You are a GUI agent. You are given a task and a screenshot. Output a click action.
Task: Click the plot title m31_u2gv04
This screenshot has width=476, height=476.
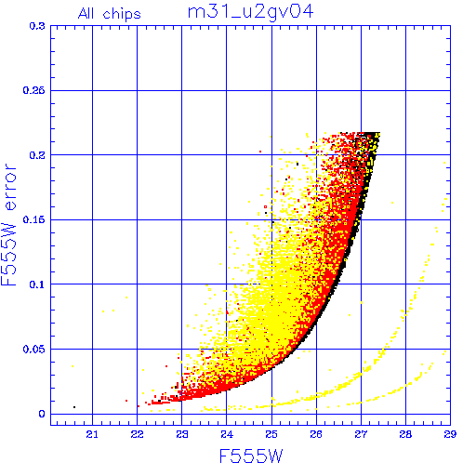pyautogui.click(x=250, y=13)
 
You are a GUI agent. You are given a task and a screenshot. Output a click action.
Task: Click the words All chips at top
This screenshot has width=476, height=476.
pyautogui.click(x=110, y=14)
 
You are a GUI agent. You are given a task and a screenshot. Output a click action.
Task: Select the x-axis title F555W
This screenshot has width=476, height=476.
pyautogui.click(x=251, y=456)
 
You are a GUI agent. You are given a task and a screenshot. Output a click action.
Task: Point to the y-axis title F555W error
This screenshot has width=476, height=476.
pyautogui.click(x=8, y=225)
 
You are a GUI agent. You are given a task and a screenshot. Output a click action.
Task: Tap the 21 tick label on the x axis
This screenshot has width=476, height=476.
pyautogui.click(x=92, y=434)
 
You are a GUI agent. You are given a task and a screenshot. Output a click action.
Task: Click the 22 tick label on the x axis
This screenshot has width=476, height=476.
pyautogui.click(x=137, y=434)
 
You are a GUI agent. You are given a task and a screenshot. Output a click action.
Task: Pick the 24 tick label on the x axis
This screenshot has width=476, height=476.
pyautogui.click(x=227, y=434)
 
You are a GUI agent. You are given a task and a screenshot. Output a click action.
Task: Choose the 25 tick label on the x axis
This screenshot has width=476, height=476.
pyautogui.click(x=271, y=434)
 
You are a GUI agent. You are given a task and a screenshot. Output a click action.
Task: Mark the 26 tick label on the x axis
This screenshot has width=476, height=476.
pyautogui.click(x=316, y=434)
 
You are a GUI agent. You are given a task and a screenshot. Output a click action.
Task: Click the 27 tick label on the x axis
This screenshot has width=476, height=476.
pyautogui.click(x=361, y=434)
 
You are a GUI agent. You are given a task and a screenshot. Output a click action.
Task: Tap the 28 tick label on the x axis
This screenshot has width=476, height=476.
pyautogui.click(x=405, y=434)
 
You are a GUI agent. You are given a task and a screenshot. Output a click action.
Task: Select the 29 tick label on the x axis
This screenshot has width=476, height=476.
pyautogui.click(x=450, y=434)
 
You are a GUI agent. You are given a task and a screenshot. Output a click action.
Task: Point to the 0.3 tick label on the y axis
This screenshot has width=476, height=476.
pyautogui.click(x=37, y=26)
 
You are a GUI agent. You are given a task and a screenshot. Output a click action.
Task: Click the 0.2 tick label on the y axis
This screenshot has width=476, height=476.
pyautogui.click(x=37, y=155)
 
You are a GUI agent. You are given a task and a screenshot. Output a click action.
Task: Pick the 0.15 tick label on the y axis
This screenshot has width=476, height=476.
pyautogui.click(x=34, y=219)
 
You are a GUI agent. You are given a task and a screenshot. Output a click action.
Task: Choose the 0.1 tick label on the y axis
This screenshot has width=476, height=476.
pyautogui.click(x=37, y=284)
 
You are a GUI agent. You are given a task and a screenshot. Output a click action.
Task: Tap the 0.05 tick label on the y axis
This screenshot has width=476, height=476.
pyautogui.click(x=34, y=350)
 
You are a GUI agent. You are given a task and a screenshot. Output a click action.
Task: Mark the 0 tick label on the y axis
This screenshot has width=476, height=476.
pyautogui.click(x=42, y=414)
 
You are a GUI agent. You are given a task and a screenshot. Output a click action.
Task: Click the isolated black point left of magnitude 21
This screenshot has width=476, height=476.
pyautogui.click(x=74, y=407)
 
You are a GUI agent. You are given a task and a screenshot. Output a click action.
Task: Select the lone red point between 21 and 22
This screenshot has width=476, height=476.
pyautogui.click(x=126, y=401)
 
